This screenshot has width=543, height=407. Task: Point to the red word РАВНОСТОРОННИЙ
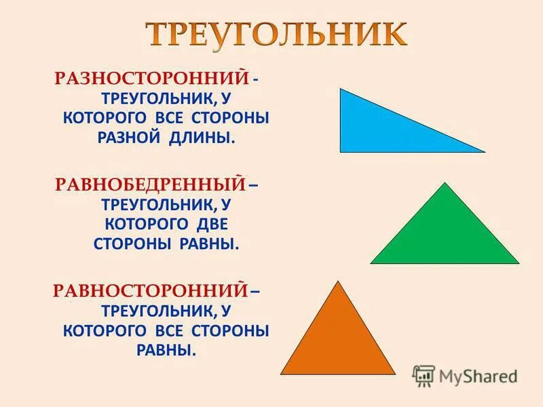coord(150,290)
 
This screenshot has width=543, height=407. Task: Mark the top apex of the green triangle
coord(445,183)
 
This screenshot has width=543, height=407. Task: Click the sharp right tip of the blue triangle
coord(484,151)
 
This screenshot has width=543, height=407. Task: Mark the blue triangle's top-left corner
coord(341,89)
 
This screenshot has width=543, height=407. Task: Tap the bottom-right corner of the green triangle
coord(518,263)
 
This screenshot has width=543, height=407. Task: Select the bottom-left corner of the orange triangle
coord(282,373)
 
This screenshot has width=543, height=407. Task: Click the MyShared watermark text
coord(478,375)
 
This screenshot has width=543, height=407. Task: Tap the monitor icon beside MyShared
coord(424,375)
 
